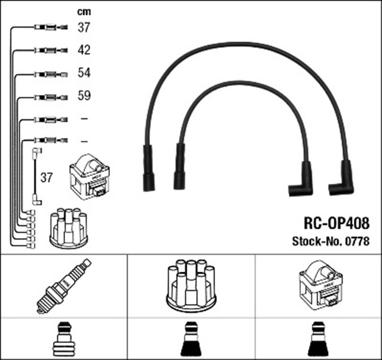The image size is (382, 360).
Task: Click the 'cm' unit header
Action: pyautogui.click(x=84, y=11)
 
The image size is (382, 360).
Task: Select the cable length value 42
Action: pyautogui.click(x=84, y=50)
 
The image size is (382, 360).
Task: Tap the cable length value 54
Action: pyautogui.click(x=84, y=72)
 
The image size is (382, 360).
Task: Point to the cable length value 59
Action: pyautogui.click(x=84, y=96)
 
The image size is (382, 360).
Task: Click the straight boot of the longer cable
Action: pyautogui.click(x=147, y=168)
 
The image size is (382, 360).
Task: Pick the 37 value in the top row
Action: pyautogui.click(x=84, y=27)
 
